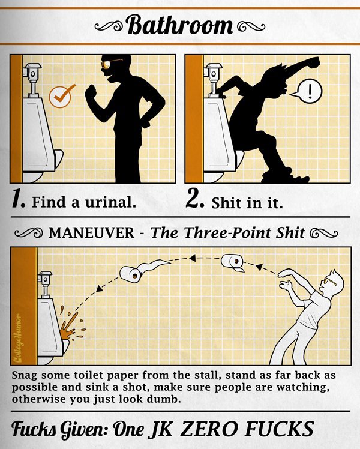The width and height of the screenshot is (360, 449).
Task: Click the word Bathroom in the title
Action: point(179,25)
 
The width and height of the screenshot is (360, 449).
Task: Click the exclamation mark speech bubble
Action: point(308,92)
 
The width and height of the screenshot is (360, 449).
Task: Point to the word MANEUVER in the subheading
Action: point(91,232)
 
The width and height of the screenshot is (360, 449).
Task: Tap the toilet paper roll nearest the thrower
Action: point(233,262)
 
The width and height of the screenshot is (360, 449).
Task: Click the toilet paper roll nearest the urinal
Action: point(131,274)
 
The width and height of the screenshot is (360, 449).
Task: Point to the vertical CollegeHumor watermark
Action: point(19,338)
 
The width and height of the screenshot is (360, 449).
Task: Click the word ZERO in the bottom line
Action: point(209,429)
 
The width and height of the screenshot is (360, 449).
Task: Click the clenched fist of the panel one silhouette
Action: point(91,92)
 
